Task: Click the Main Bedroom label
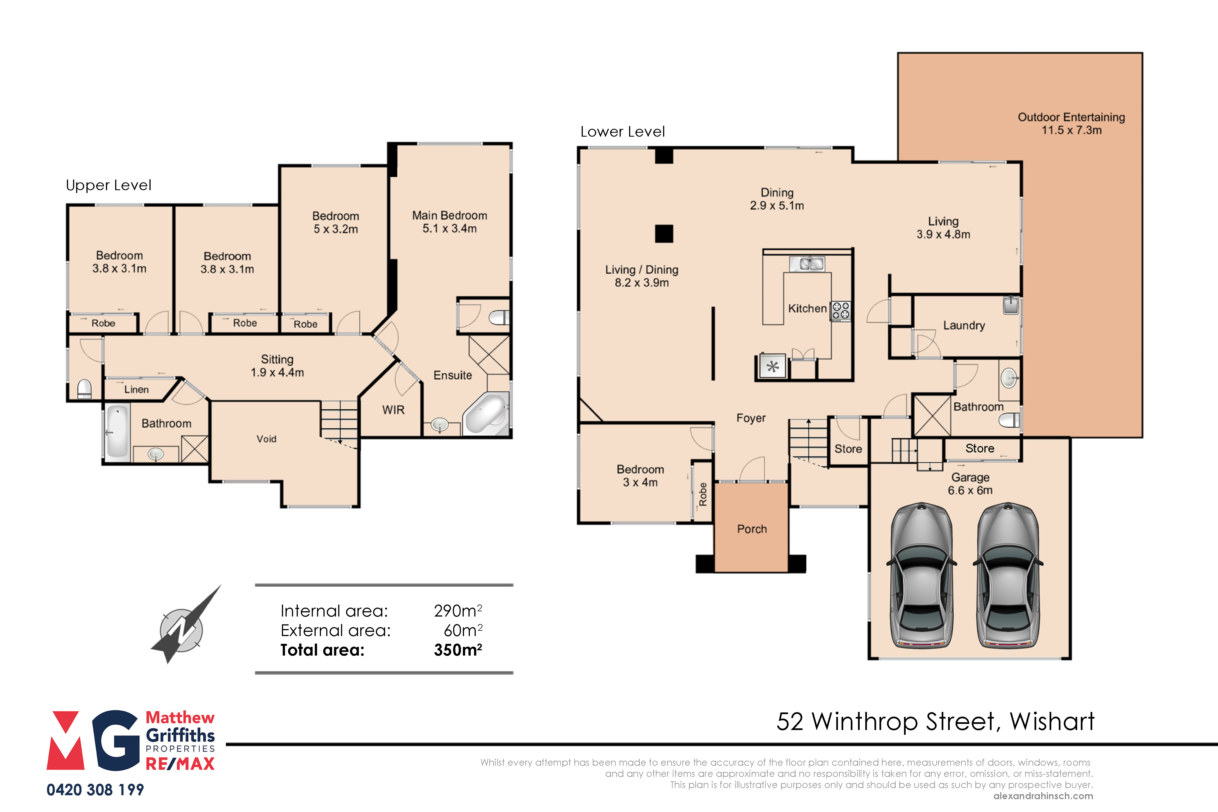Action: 449,216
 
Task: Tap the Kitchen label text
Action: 807,309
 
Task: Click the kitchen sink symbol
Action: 807,264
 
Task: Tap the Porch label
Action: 752,529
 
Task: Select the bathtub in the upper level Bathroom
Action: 118,432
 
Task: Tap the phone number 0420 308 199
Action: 95,790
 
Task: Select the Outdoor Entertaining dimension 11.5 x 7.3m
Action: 1071,130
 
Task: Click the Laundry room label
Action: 964,325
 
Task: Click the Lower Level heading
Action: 622,132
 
